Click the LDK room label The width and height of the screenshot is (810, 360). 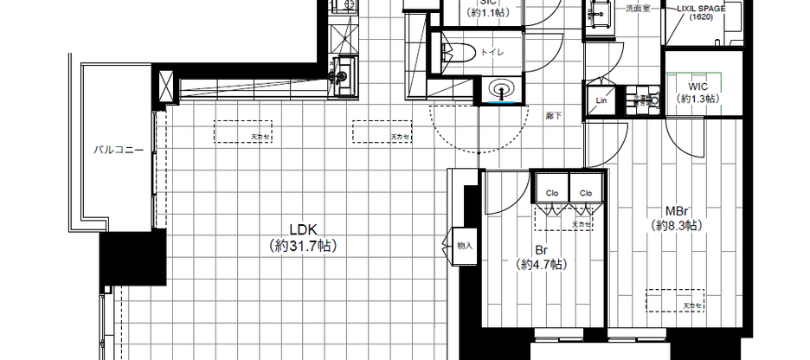[305, 230]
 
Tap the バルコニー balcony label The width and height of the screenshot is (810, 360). [119, 149]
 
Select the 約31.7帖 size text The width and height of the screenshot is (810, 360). [305, 246]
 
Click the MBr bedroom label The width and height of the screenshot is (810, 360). [677, 210]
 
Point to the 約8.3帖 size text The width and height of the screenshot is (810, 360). [677, 225]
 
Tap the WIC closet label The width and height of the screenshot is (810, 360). [699, 86]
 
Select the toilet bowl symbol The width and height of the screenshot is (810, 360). [454, 52]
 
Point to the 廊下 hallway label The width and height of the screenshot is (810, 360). [552, 113]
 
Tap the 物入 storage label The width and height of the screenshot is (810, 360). [465, 246]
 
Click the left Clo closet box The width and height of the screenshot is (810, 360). [551, 192]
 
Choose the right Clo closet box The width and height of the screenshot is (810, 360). [586, 192]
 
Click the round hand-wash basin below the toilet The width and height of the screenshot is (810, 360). [499, 88]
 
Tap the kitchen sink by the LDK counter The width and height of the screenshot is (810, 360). [340, 74]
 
